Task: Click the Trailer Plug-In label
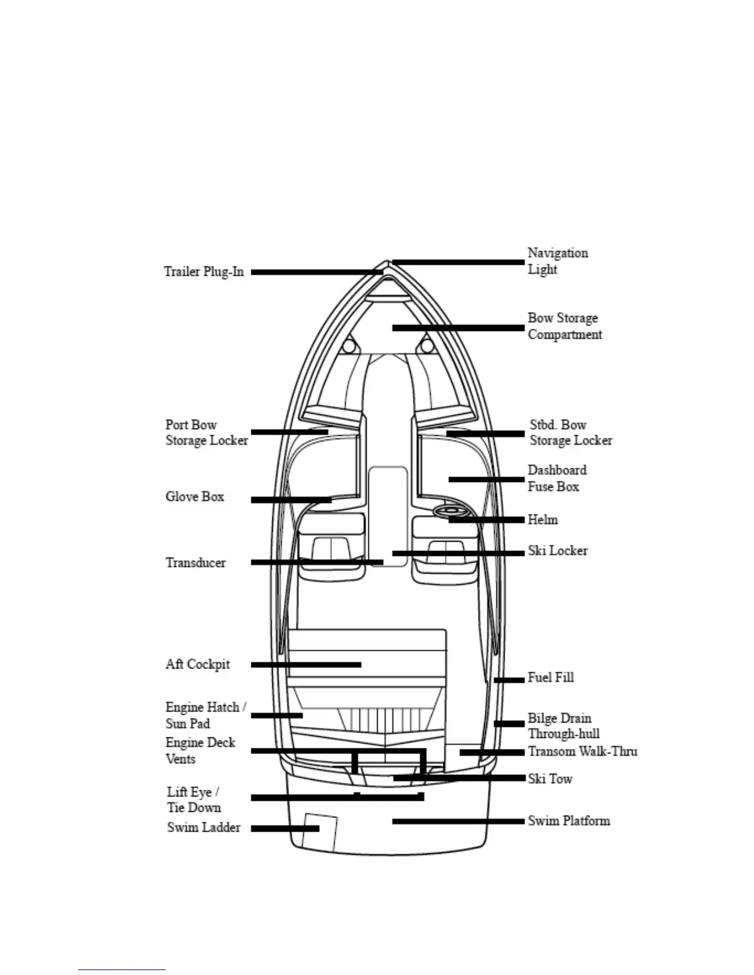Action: click(204, 271)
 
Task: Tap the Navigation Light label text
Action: click(557, 261)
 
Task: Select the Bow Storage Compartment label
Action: click(564, 326)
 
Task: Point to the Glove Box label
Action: click(195, 497)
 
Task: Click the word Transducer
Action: click(196, 563)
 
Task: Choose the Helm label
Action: click(543, 520)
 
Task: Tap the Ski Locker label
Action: click(557, 550)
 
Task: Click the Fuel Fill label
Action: click(551, 677)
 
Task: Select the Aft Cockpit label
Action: click(198, 664)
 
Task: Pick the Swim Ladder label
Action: click(204, 827)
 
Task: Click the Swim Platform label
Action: click(569, 821)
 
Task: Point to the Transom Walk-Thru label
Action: click(582, 752)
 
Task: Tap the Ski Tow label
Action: click(550, 779)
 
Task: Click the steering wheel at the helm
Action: click(450, 511)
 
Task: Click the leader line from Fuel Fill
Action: click(509, 680)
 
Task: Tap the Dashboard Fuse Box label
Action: click(557, 478)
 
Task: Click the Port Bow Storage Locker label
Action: click(206, 433)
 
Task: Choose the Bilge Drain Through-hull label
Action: click(563, 726)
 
